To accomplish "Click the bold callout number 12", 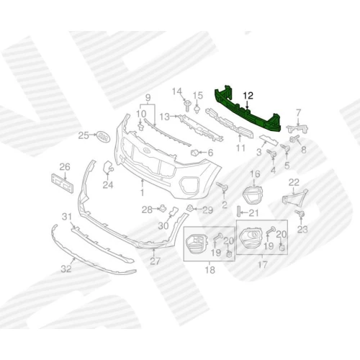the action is click(x=248, y=96).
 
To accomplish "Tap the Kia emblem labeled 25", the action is click(x=103, y=136).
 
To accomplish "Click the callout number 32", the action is click(x=66, y=269).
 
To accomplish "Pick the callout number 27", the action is click(x=155, y=261).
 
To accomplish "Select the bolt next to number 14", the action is click(x=187, y=106).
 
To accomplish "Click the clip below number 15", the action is click(x=197, y=110).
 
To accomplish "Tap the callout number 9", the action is click(x=148, y=98).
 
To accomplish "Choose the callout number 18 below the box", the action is click(x=210, y=270).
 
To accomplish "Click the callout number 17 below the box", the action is click(x=263, y=265).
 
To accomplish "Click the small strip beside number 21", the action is click(x=238, y=212).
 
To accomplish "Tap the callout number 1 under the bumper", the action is click(x=142, y=192).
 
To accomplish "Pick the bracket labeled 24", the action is click(x=107, y=167).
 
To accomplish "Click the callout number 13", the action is click(x=165, y=117).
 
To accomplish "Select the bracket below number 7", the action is click(x=297, y=129).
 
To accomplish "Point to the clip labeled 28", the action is click(x=163, y=208).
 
